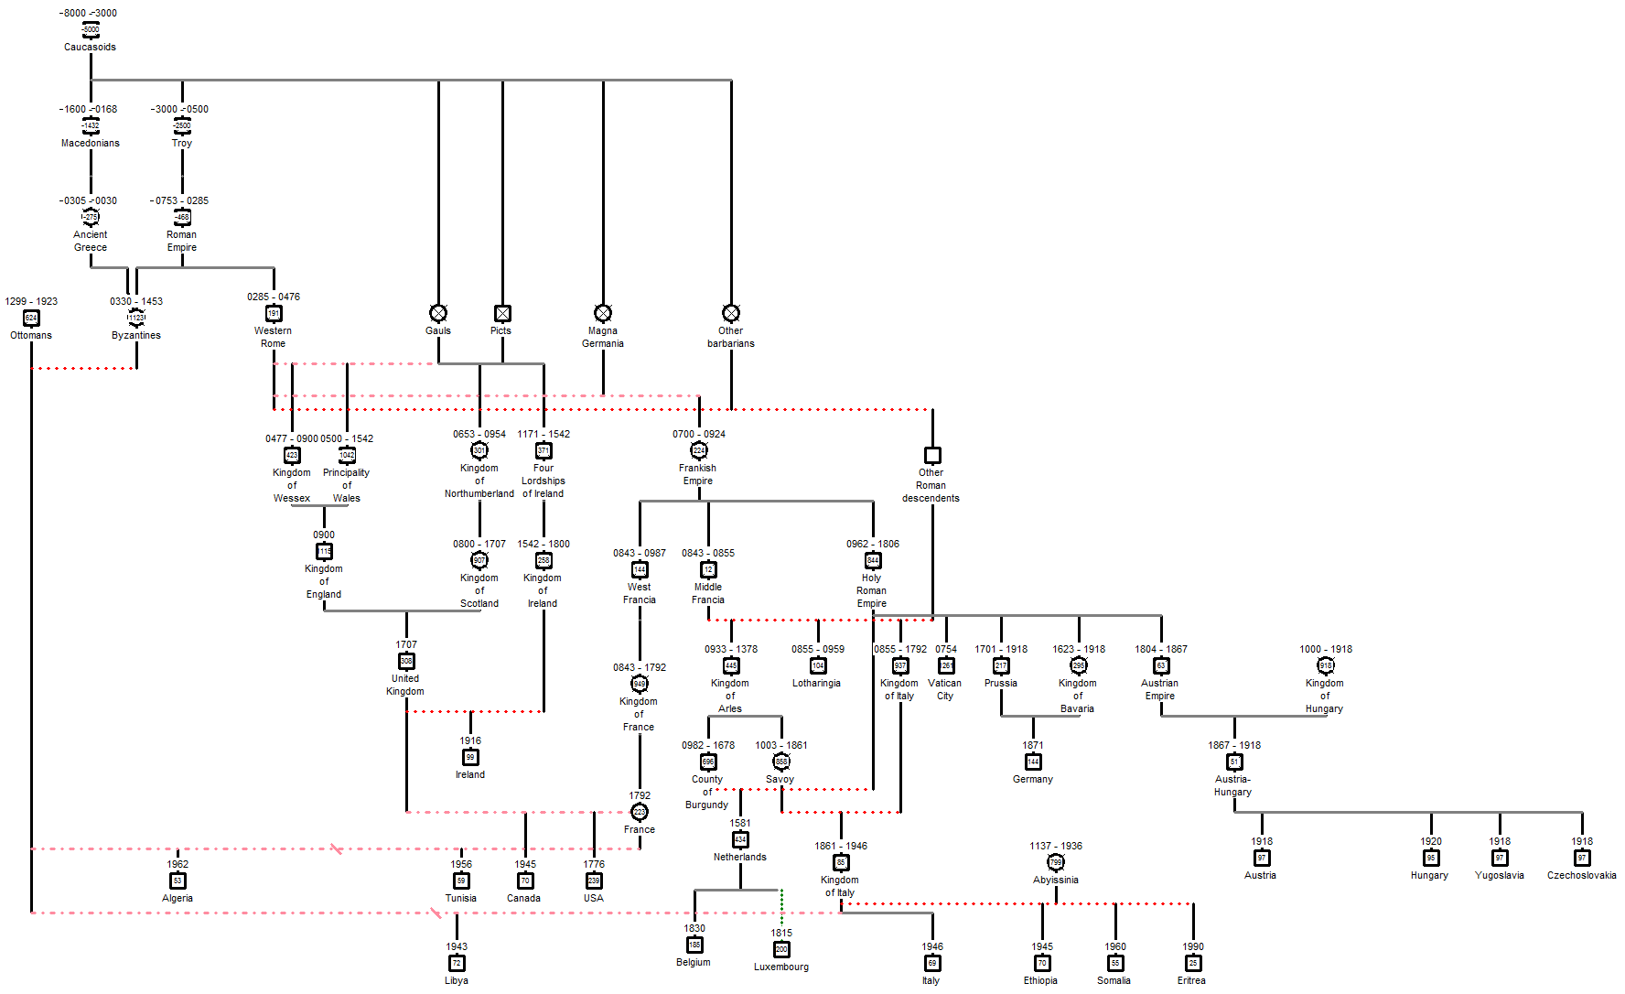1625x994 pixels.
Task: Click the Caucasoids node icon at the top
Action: [x=91, y=30]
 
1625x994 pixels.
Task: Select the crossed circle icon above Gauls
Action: [x=438, y=313]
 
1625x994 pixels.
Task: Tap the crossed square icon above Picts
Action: [x=502, y=313]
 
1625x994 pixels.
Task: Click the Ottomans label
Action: [x=31, y=335]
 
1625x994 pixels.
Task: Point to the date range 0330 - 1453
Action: [x=136, y=301]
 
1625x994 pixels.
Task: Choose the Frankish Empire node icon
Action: [x=699, y=450]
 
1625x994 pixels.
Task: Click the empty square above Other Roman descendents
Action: [x=932, y=455]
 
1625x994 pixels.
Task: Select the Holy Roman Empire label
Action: [x=872, y=590]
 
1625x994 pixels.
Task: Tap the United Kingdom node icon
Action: [x=406, y=661]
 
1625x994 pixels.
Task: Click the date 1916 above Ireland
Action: [x=470, y=740]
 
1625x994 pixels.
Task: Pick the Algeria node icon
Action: [x=178, y=881]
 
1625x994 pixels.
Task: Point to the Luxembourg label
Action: [x=781, y=967]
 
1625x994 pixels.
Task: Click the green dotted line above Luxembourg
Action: [x=781, y=906]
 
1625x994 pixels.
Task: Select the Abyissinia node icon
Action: [x=1056, y=862]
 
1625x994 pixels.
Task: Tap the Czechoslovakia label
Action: [x=1581, y=875]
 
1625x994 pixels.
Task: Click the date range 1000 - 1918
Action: [x=1326, y=649]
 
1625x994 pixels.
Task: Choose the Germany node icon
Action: [x=1033, y=762]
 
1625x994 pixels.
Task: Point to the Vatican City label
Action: [x=945, y=689]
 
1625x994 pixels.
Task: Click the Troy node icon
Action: [x=182, y=125]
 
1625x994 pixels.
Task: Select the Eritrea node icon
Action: [x=1193, y=963]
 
